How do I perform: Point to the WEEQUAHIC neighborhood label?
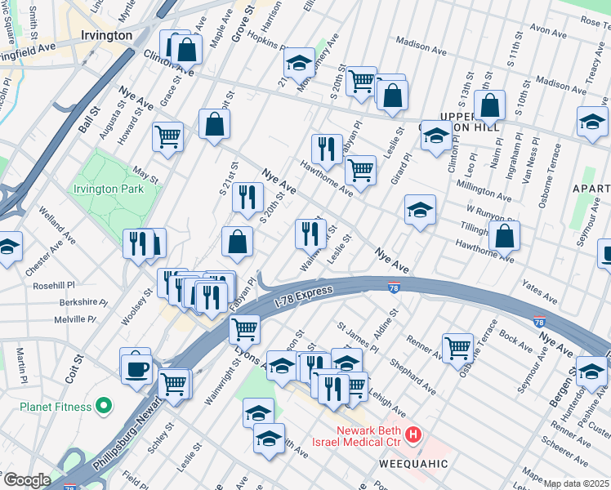point(413,463)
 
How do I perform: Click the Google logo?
point(26,480)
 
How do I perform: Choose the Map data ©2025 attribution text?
point(576,483)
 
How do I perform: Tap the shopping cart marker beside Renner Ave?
point(457,347)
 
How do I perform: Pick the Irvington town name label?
point(107,36)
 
